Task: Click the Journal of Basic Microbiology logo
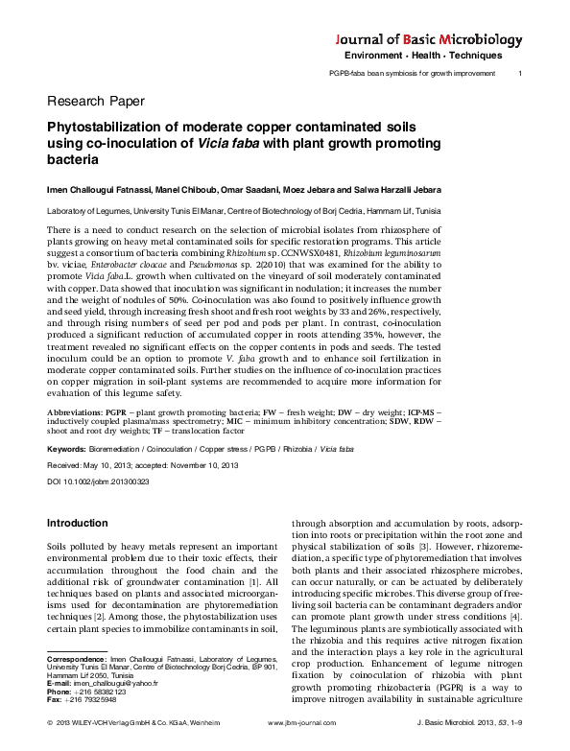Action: tap(429, 40)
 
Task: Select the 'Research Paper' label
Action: tap(95, 100)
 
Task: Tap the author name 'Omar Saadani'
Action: tap(217, 187)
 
